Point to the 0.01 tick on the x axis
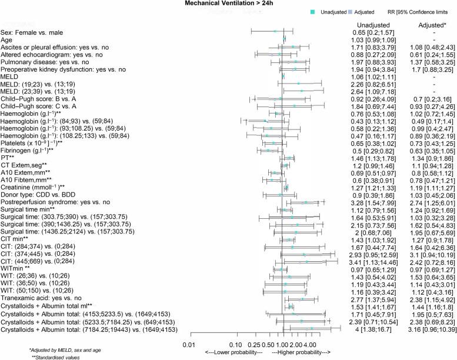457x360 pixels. click(189, 328)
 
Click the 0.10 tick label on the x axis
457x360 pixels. click(235, 328)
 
